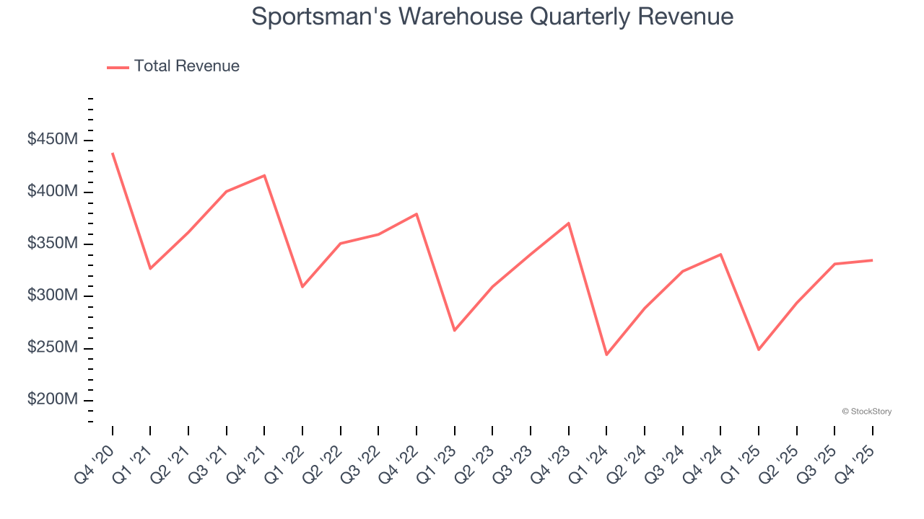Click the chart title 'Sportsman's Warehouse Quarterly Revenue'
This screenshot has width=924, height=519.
pyautogui.click(x=492, y=17)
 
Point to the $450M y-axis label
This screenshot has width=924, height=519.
pyautogui.click(x=52, y=140)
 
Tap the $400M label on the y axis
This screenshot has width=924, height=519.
pyautogui.click(x=52, y=192)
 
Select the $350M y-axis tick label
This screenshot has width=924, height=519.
pyautogui.click(x=52, y=244)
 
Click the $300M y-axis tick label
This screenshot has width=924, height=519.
pyautogui.click(x=52, y=296)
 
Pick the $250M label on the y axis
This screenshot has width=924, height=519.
pyautogui.click(x=52, y=347)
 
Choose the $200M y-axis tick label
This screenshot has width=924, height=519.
pyautogui.click(x=52, y=399)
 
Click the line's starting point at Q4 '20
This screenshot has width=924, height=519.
pyautogui.click(x=113, y=154)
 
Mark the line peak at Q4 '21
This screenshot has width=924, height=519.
pyautogui.click(x=264, y=175)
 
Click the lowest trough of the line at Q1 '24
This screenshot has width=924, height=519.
pyautogui.click(x=606, y=355)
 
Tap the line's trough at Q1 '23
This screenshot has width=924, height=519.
pyautogui.click(x=454, y=330)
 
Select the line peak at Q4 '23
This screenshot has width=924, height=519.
pyautogui.click(x=568, y=223)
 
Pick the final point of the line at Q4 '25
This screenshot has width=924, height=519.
pyautogui.click(x=872, y=260)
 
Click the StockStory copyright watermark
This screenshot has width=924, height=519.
pyautogui.click(x=866, y=412)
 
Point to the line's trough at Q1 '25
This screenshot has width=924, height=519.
pyautogui.click(x=758, y=350)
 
